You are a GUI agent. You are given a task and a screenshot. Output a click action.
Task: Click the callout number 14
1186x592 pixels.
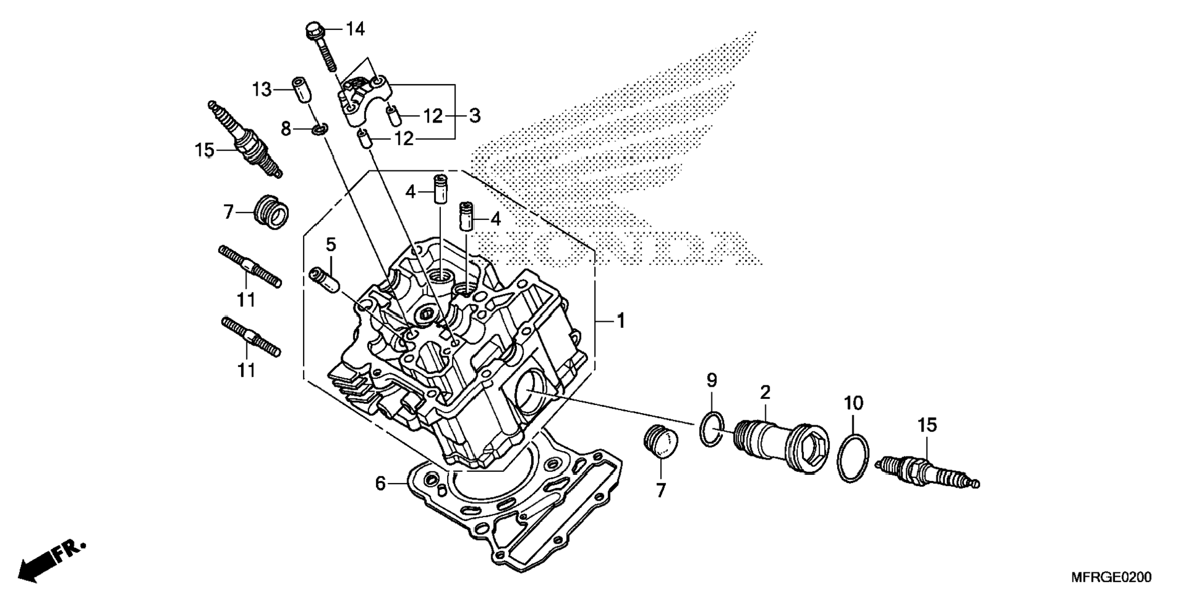(x=355, y=29)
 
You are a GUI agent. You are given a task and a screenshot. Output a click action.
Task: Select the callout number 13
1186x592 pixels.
(x=262, y=89)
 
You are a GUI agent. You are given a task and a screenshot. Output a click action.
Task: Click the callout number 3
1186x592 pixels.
(x=475, y=115)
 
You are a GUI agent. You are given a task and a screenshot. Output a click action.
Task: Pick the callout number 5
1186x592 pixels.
(x=331, y=245)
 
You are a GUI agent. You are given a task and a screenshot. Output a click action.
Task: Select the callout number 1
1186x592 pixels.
(x=621, y=321)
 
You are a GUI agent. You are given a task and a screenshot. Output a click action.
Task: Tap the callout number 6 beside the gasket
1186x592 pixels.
(x=380, y=484)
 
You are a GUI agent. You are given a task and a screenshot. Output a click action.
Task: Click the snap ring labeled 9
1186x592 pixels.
(x=711, y=429)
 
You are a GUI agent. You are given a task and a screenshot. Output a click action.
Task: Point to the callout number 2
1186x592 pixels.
(x=765, y=392)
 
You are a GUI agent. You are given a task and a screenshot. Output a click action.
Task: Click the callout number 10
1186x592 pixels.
(x=853, y=403)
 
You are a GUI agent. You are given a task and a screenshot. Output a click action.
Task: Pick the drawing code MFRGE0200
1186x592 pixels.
(x=1111, y=577)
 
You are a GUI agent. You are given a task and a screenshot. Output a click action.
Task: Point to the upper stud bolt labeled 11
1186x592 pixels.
(x=250, y=266)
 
